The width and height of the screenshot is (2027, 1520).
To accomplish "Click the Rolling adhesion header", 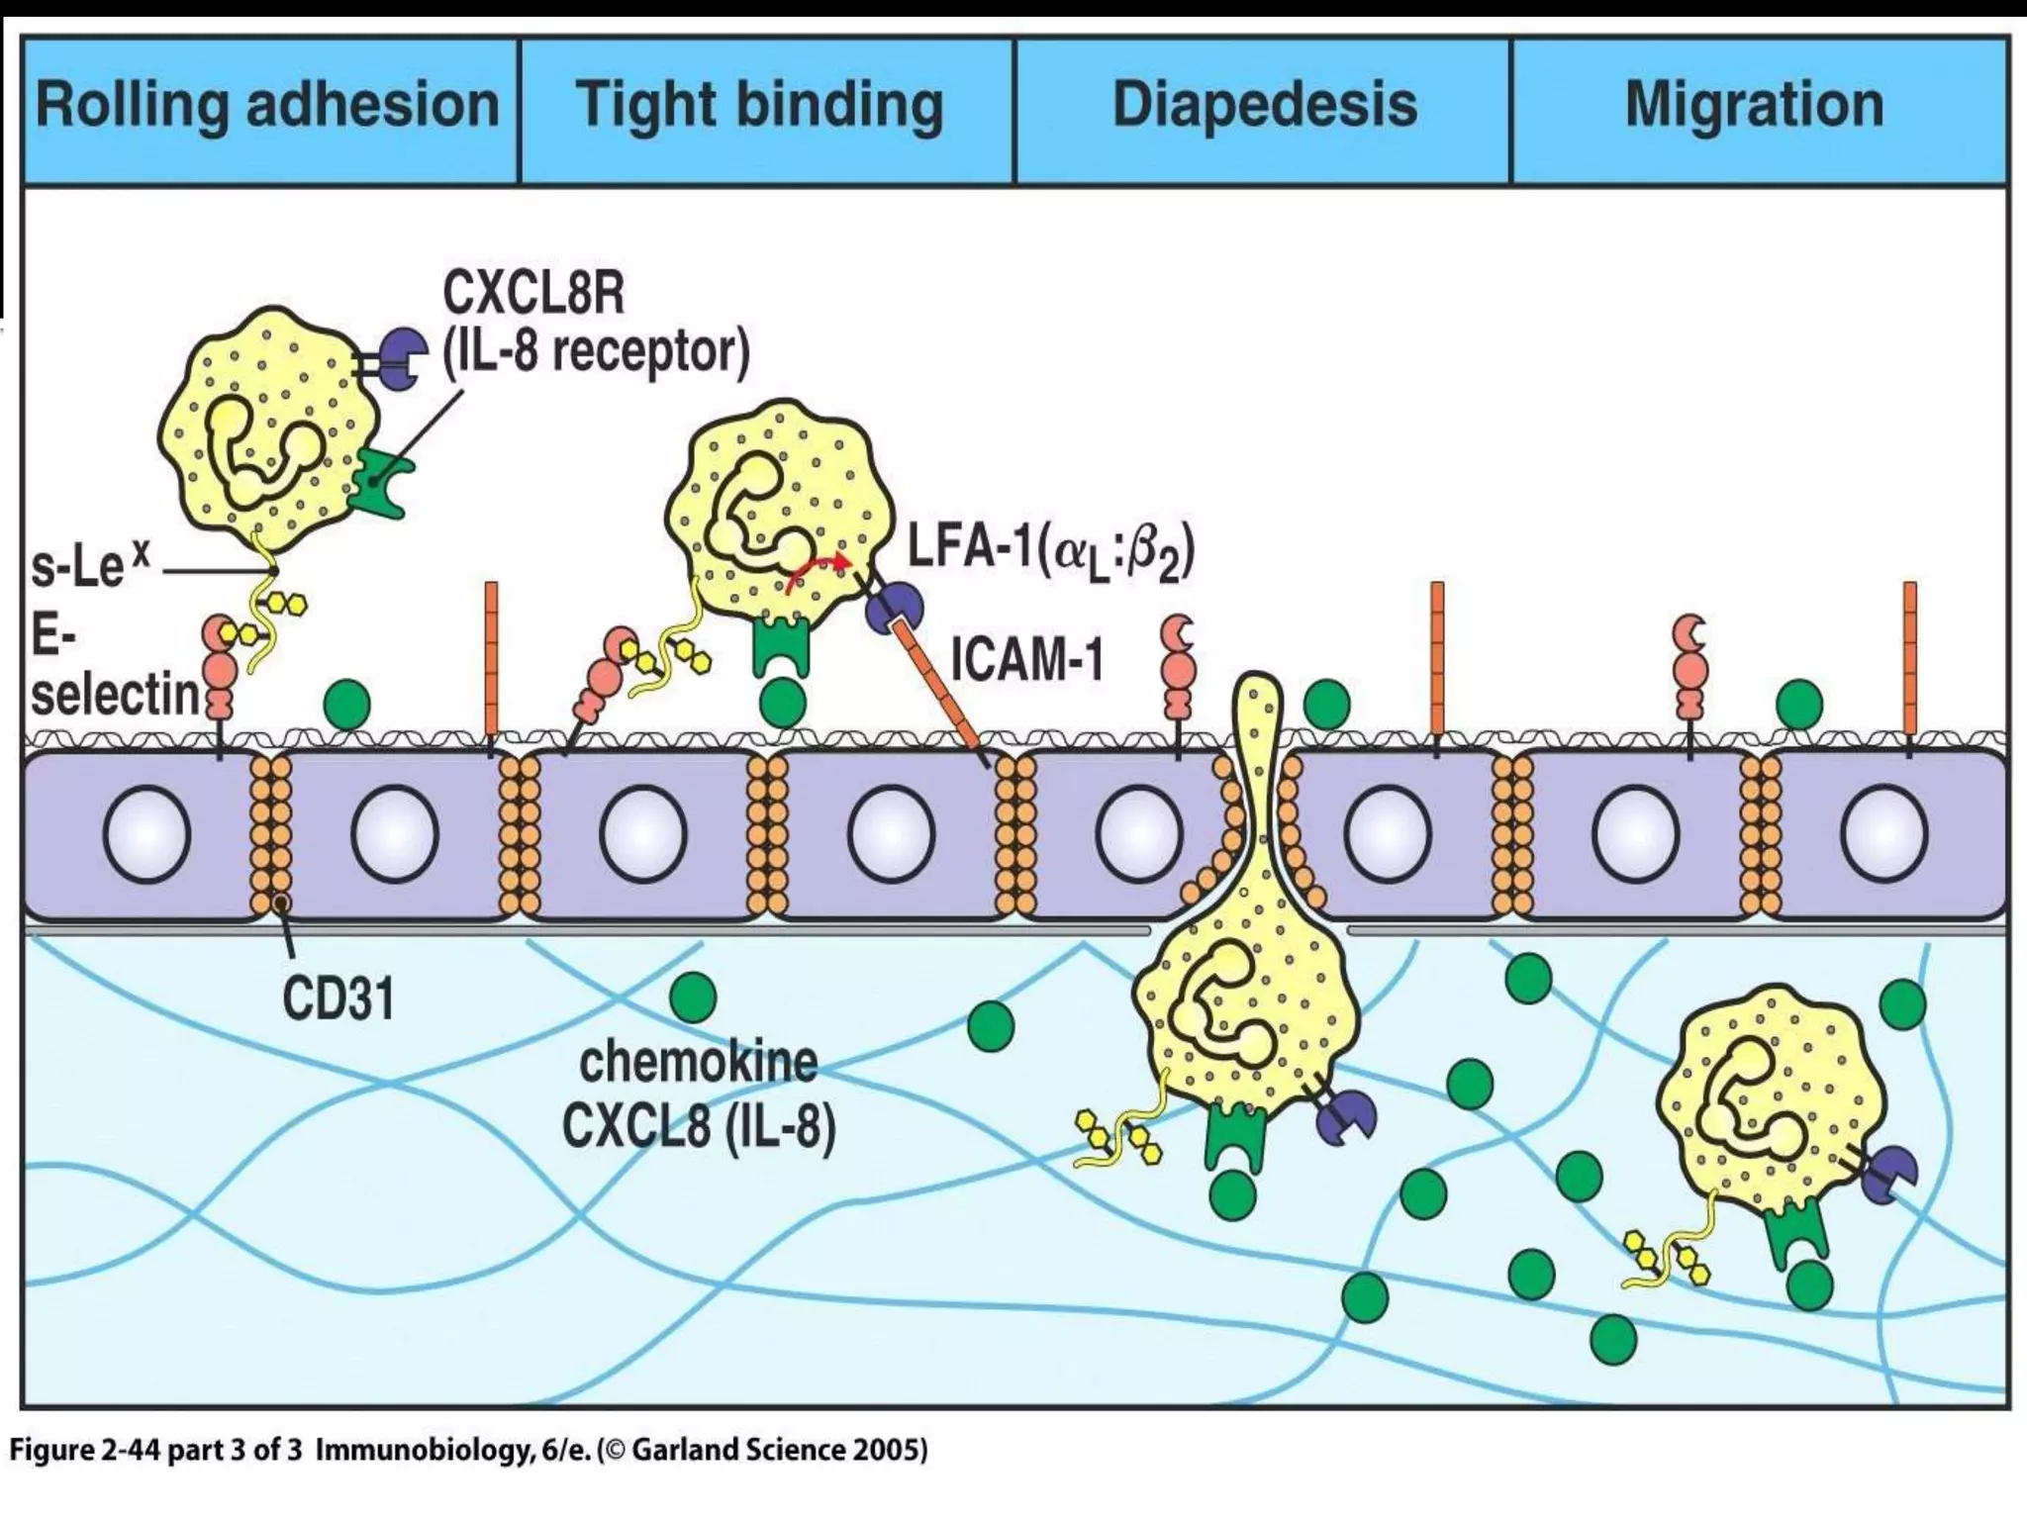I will pos(267,106).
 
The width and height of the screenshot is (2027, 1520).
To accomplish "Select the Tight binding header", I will pos(759,106).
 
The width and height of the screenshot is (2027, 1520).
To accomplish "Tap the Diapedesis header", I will pos(1264,106).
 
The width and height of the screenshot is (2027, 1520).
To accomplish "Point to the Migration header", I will pos(1754,106).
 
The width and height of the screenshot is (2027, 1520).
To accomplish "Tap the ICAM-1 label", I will pos(1027,660).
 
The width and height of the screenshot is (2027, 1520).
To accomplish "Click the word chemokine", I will pos(699,1063).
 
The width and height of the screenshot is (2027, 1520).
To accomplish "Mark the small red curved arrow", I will pos(818,571).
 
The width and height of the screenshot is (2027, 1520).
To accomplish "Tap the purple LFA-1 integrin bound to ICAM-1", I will pos(893,607).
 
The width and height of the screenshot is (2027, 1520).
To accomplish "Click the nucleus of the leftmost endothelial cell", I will pos(146,834).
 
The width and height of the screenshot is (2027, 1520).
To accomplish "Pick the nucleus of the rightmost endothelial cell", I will pos(1882,834).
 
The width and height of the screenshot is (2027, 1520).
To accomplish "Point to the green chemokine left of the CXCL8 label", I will pos(693,997).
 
